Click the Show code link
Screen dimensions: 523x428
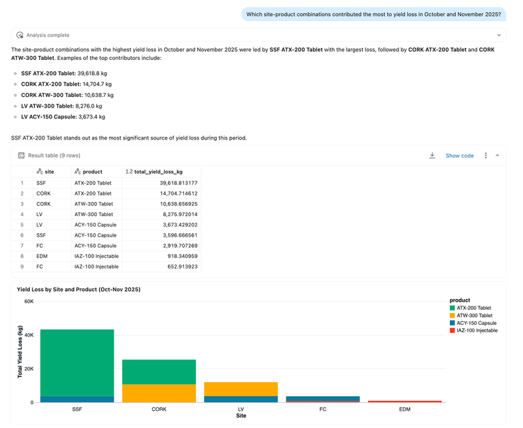tap(459, 156)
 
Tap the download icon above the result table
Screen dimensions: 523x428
tap(432, 156)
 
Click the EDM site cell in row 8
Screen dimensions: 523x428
tap(42, 256)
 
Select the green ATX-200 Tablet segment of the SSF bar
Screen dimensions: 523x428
tap(77, 363)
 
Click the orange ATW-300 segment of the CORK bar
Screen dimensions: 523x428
tap(159, 393)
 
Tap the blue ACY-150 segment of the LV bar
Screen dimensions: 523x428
tap(241, 399)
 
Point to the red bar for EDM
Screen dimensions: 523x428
tap(405, 401)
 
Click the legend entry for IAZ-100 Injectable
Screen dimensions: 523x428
tap(474, 330)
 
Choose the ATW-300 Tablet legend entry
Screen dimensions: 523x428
tap(471, 316)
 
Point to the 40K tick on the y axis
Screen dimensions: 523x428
tap(29, 335)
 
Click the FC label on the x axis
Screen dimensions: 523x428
tap(323, 409)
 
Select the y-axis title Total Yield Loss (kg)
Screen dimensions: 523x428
tap(20, 352)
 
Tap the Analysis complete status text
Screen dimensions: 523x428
tap(48, 35)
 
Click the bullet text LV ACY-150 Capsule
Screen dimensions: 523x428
tap(49, 117)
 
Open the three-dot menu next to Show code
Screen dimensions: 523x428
tap(486, 156)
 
